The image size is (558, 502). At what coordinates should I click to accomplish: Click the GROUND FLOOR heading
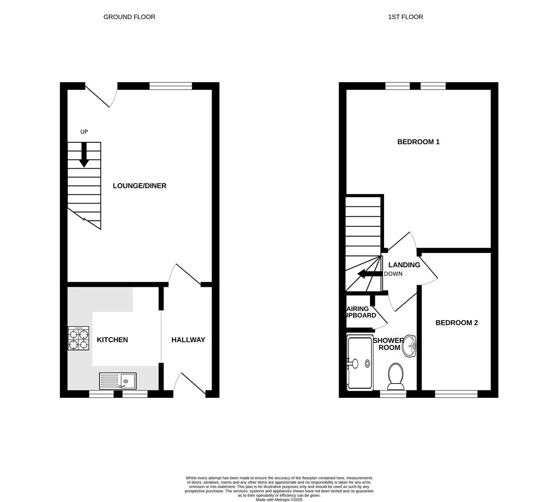click(129, 17)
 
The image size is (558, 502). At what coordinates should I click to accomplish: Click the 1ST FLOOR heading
click(405, 17)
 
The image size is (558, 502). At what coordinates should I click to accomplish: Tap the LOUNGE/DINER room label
click(139, 186)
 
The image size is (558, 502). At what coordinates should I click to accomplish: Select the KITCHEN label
click(112, 340)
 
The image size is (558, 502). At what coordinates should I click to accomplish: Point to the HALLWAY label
click(188, 340)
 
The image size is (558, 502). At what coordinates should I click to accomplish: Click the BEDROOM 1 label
click(418, 142)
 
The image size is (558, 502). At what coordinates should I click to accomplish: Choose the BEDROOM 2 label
click(457, 323)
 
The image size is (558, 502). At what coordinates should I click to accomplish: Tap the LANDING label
click(404, 265)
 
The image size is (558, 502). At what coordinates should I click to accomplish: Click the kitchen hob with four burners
click(79, 338)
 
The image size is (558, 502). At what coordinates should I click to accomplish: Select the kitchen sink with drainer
click(118, 381)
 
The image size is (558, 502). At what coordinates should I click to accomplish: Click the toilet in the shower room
click(396, 376)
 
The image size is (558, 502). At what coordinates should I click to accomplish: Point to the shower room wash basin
click(409, 346)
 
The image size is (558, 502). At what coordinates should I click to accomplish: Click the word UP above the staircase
click(84, 132)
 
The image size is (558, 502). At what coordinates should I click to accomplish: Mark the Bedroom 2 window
click(456, 394)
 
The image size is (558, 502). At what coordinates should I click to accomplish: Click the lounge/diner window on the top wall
click(171, 86)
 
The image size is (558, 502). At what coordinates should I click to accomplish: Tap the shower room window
click(393, 394)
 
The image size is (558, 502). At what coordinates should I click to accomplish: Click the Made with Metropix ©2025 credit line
click(279, 500)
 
